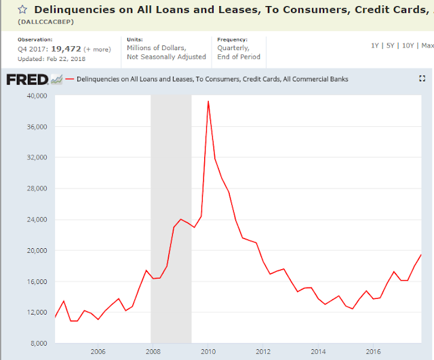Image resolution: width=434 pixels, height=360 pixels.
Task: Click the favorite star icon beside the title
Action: click(22, 9)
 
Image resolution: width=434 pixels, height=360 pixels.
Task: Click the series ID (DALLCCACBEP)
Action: click(46, 22)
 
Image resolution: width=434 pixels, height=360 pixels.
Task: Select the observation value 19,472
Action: click(66, 49)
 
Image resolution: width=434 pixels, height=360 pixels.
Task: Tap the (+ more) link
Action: click(97, 49)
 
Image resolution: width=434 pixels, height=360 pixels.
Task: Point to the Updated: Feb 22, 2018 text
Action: click(52, 59)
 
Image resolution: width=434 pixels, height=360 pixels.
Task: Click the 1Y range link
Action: click(375, 45)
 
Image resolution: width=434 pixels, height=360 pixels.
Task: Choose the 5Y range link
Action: click(391, 45)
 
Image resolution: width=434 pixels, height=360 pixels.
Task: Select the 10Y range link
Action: click(408, 45)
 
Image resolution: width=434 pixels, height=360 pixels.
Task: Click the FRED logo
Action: click(27, 80)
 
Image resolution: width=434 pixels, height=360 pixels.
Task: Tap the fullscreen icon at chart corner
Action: click(422, 79)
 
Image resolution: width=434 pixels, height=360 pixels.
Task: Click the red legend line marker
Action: click(69, 79)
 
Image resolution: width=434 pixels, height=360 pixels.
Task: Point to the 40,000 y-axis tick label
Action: click(37, 96)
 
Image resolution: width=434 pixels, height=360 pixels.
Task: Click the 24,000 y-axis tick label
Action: click(37, 220)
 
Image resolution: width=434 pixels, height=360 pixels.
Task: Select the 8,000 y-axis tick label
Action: click(39, 344)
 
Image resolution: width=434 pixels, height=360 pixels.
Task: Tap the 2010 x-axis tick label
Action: click(208, 352)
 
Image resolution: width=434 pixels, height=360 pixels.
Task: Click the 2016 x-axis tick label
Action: click(374, 352)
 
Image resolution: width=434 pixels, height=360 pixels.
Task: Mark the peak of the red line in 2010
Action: click(208, 101)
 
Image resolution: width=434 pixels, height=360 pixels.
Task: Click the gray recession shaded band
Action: click(171, 219)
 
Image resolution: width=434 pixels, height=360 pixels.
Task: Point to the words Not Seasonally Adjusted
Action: click(166, 57)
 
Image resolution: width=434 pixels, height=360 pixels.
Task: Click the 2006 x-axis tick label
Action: click(98, 352)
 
